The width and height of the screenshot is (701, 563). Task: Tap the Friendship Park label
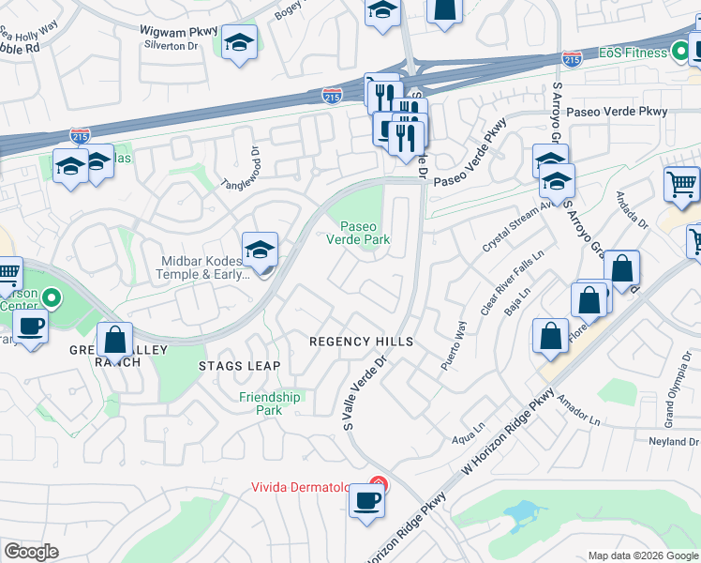[x=269, y=403]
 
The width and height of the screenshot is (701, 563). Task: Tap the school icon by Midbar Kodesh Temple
[x=260, y=251]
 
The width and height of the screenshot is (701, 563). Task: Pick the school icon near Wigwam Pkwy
[x=240, y=43]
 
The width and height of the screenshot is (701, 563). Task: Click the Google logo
[x=31, y=551]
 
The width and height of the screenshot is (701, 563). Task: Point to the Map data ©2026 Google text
[x=642, y=555]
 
